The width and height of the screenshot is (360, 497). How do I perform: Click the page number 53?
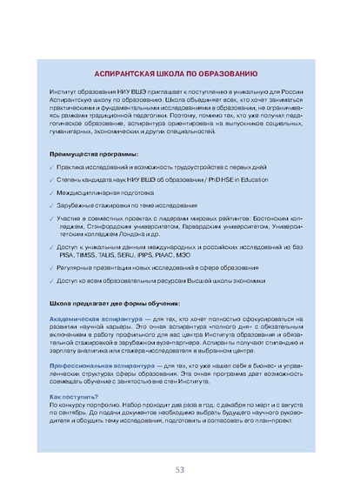pyautogui.click(x=180, y=469)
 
